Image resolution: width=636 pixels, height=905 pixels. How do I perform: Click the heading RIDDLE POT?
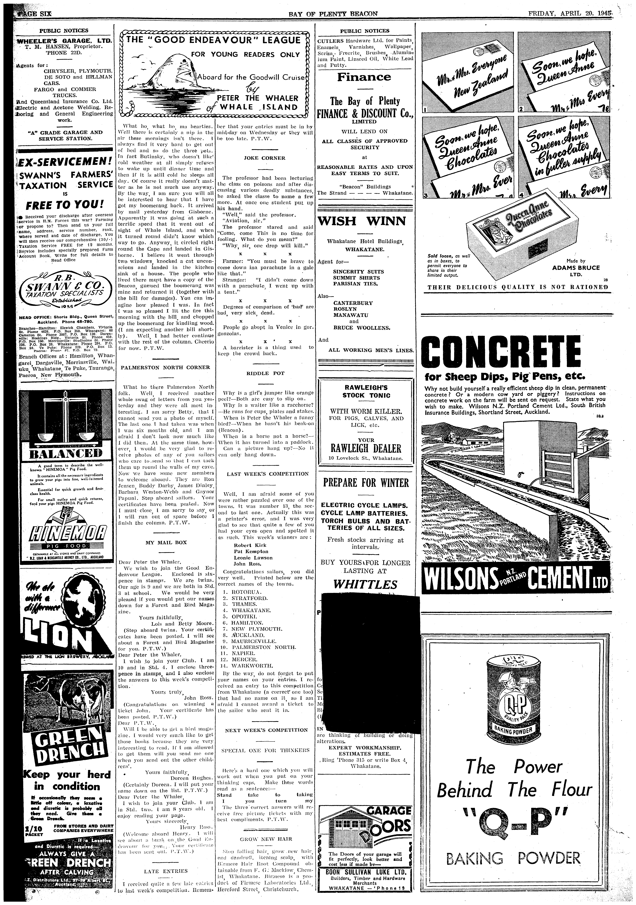[265, 373]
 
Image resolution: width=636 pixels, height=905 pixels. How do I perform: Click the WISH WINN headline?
[362, 221]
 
